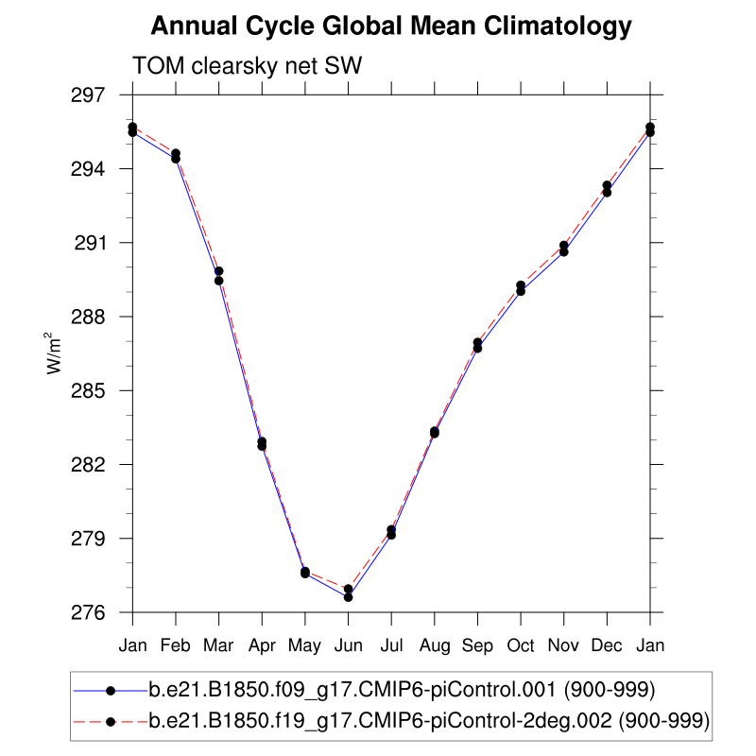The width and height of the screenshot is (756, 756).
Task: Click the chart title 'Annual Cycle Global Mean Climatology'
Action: click(390, 26)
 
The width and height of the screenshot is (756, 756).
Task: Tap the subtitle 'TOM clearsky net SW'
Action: click(248, 66)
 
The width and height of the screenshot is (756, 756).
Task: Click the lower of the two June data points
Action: click(349, 597)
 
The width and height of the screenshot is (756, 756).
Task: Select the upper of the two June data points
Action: click(349, 589)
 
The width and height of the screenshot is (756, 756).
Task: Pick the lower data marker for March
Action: click(219, 281)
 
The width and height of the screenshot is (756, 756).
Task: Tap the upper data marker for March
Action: click(219, 271)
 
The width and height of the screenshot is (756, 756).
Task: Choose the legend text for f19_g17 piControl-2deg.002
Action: click(429, 721)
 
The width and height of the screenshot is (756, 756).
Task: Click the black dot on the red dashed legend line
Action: click(111, 721)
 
